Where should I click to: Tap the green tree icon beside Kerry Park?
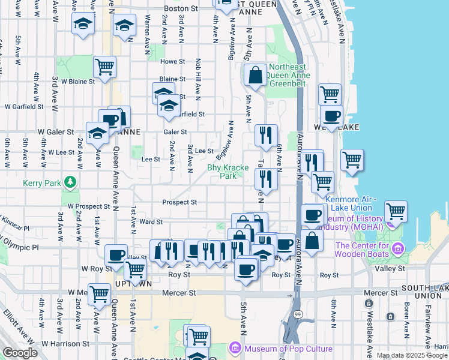click(x=70, y=181)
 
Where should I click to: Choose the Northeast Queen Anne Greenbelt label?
click(x=288, y=75)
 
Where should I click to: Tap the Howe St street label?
click(x=172, y=61)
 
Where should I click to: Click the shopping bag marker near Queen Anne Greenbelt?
click(x=255, y=76)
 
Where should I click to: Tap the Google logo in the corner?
click(x=19, y=353)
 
